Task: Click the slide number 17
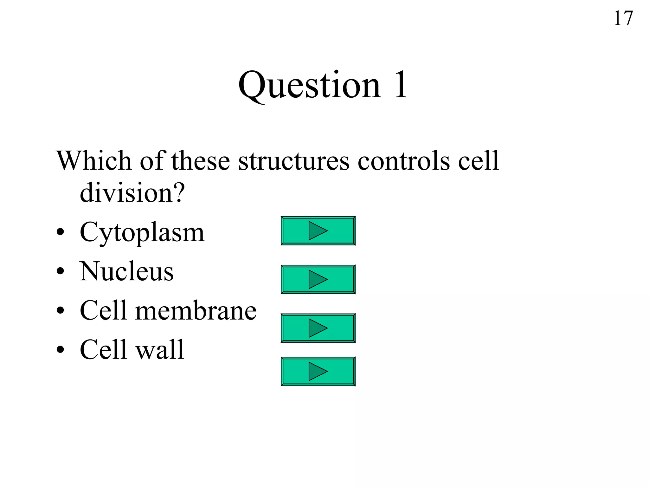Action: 623,18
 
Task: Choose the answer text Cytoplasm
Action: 142,232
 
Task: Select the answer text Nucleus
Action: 127,271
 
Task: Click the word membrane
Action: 196,310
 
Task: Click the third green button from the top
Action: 318,328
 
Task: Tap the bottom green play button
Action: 318,371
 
